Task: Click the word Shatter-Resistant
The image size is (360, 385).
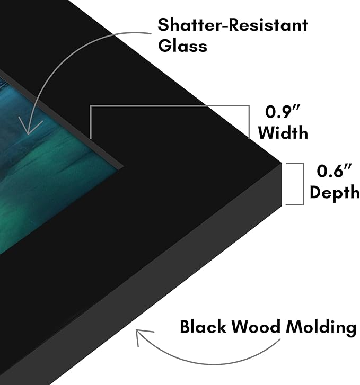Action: tap(233, 25)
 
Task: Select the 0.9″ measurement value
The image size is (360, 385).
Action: tap(283, 112)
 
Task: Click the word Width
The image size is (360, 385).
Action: tap(283, 132)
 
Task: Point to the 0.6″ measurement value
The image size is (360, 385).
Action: tap(334, 171)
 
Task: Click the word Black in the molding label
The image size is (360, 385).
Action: tap(203, 327)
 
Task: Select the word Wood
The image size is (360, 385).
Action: tap(256, 327)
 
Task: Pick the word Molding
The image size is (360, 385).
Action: tap(321, 328)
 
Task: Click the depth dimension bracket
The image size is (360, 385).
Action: tap(303, 184)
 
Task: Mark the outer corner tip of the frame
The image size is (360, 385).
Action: tap(281, 163)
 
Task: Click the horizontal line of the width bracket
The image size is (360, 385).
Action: tap(170, 106)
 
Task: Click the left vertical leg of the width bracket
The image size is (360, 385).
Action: tap(91, 122)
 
